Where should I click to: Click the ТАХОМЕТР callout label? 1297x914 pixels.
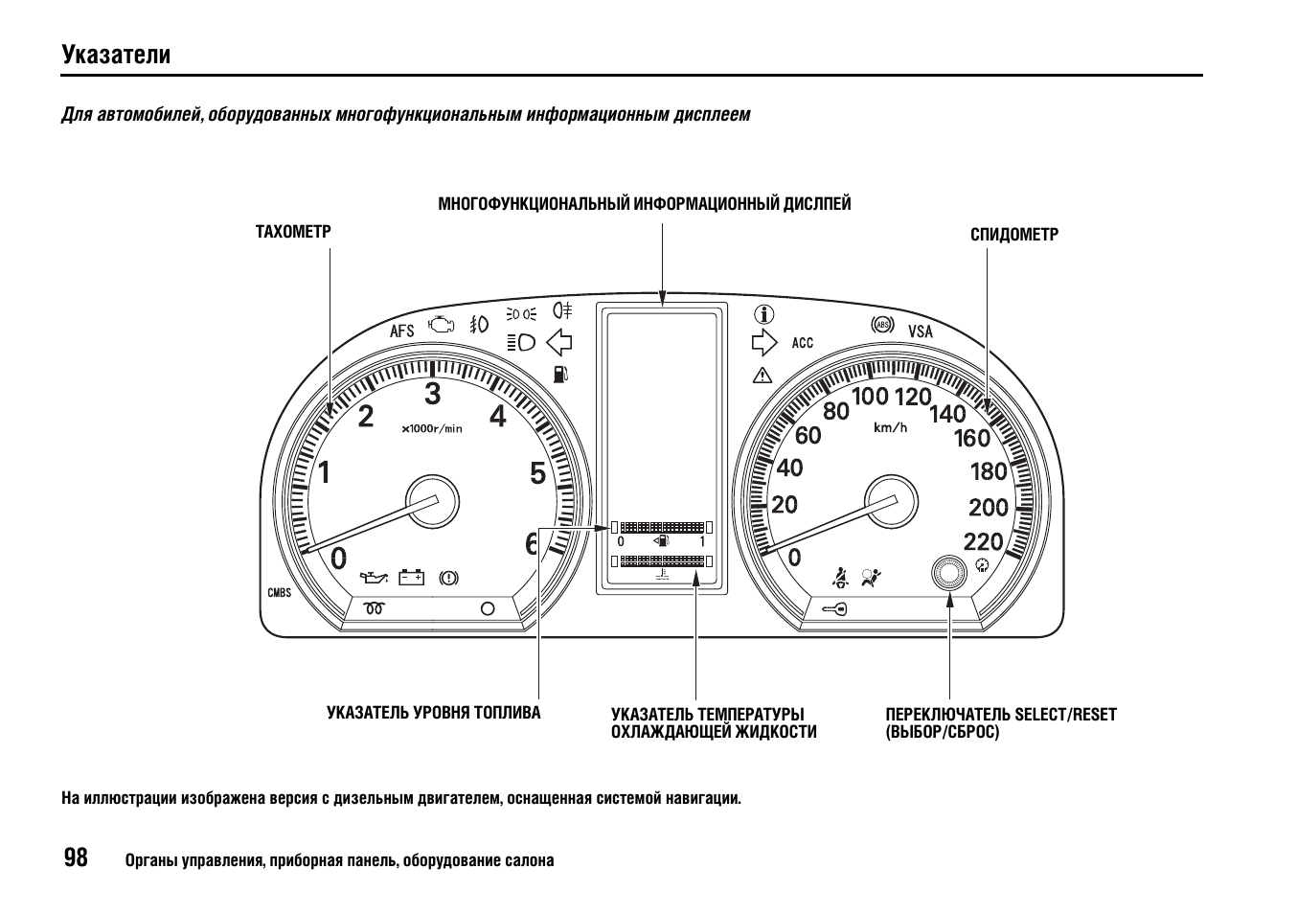(293, 232)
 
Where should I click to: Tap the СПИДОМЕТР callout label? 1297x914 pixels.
(1013, 235)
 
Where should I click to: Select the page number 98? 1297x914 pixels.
(76, 857)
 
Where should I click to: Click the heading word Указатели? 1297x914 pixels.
(116, 55)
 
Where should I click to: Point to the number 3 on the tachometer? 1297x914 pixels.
(432, 394)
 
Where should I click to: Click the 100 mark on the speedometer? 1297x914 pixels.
(870, 397)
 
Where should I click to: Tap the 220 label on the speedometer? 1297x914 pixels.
(983, 542)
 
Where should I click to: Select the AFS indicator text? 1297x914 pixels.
(401, 331)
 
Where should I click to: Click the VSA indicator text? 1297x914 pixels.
(920, 331)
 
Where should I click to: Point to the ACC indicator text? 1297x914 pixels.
(803, 343)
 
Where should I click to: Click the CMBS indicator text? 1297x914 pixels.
(279, 592)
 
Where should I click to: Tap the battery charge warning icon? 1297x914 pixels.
(411, 578)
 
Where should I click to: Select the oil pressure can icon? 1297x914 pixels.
(374, 578)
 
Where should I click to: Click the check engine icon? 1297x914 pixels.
(442, 325)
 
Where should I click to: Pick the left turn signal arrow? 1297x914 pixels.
(558, 342)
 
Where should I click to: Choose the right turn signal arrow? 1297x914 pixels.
(764, 342)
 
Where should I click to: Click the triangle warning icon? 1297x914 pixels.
(762, 376)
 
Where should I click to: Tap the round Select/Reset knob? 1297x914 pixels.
(948, 574)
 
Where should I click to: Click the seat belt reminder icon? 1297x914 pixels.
(839, 578)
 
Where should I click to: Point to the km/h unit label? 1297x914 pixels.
(890, 428)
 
